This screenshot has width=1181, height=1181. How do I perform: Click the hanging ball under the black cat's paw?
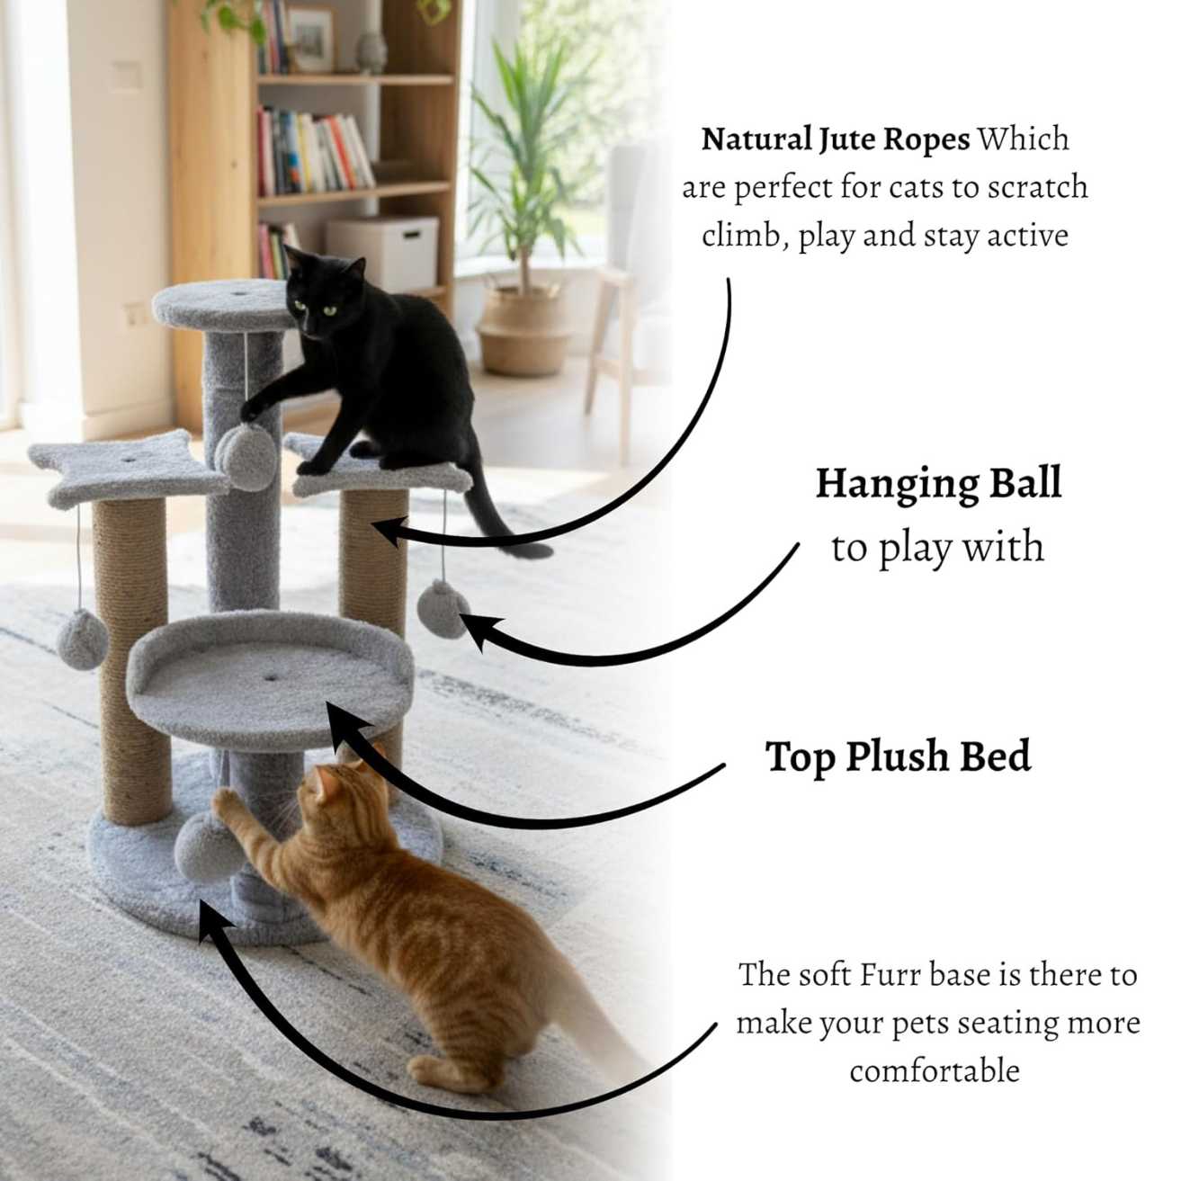click(246, 457)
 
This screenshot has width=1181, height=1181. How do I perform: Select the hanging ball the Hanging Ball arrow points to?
click(441, 608)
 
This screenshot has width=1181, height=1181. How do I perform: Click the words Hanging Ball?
click(938, 483)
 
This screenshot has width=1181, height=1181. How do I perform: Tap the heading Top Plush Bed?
click(898, 756)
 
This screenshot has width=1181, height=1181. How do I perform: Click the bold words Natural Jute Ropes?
click(836, 139)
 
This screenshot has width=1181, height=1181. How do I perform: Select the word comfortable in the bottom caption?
click(935, 1070)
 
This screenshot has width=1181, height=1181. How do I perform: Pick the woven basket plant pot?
click(524, 328)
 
